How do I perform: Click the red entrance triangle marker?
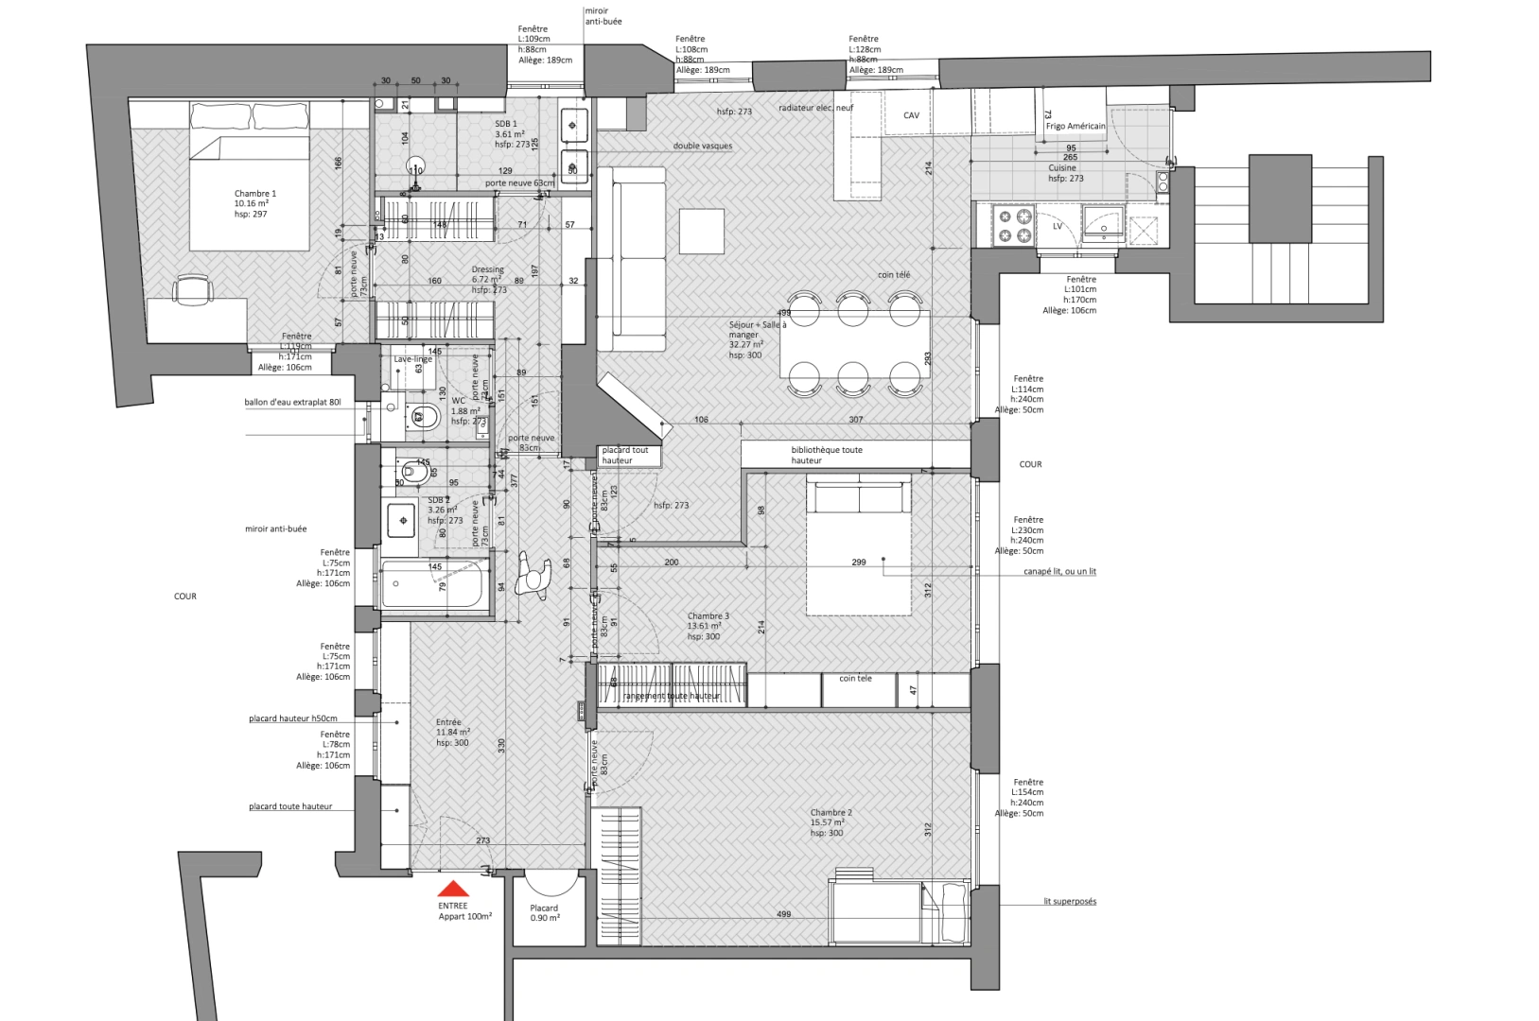pos(454,889)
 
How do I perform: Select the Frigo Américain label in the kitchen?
pos(1075,126)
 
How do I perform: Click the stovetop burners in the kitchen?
pos(1015,225)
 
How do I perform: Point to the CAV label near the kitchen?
pos(911,115)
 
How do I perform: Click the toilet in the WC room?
pos(425,415)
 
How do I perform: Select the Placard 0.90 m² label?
pos(544,913)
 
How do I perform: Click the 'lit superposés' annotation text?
pos(1070,901)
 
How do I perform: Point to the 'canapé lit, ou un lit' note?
pos(1059,571)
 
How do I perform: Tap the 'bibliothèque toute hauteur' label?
pos(826,455)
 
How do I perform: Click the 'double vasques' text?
pos(702,147)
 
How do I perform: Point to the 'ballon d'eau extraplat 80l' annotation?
pos(291,403)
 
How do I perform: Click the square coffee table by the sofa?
pos(701,232)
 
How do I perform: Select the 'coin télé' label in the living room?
pos(893,275)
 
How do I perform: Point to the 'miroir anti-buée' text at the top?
pos(603,16)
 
